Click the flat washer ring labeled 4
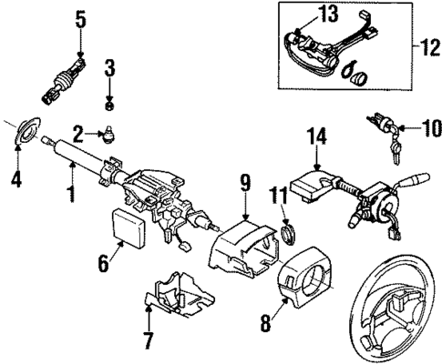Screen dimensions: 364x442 point(26,131)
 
